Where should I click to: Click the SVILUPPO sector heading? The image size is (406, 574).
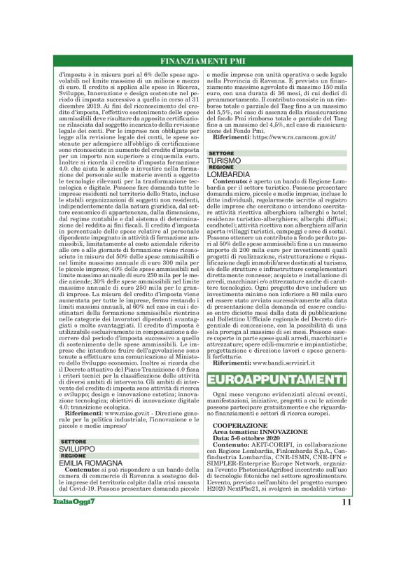(76, 449)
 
